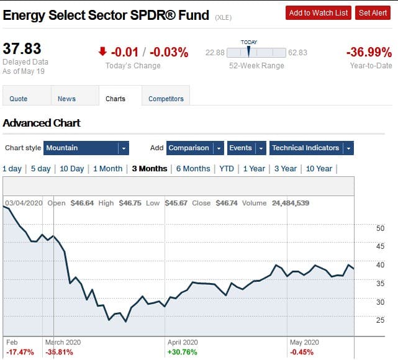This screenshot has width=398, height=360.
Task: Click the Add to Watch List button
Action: pyautogui.click(x=319, y=13)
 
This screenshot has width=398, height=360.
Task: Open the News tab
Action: pyautogui.click(x=66, y=99)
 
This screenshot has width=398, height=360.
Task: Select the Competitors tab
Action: pyautogui.click(x=166, y=99)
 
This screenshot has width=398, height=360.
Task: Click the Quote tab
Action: pyautogui.click(x=19, y=99)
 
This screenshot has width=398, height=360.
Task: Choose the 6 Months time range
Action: pyautogui.click(x=193, y=169)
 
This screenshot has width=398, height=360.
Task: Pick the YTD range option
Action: pyautogui.click(x=227, y=169)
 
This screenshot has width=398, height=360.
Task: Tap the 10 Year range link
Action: pyautogui.click(x=319, y=169)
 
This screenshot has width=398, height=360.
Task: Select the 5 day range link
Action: pyautogui.click(x=40, y=169)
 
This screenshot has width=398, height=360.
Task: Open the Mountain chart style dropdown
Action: pyautogui.click(x=86, y=148)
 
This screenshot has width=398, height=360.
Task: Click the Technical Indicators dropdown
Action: pyautogui.click(x=311, y=148)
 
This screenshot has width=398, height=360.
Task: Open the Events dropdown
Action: pyautogui.click(x=246, y=148)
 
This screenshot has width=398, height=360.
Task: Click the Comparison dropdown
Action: pyautogui.click(x=195, y=148)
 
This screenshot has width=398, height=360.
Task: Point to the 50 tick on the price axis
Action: pyautogui.click(x=381, y=228)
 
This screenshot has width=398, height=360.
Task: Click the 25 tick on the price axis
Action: pyautogui.click(x=381, y=320)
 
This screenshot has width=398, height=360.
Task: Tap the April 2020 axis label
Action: pyautogui.click(x=183, y=342)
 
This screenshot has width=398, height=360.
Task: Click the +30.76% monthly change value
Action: pyautogui.click(x=183, y=352)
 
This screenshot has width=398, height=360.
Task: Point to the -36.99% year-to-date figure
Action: pyautogui.click(x=369, y=53)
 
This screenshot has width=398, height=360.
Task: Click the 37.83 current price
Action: pyautogui.click(x=22, y=48)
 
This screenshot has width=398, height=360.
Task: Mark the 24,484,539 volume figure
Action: pyautogui.click(x=291, y=203)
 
